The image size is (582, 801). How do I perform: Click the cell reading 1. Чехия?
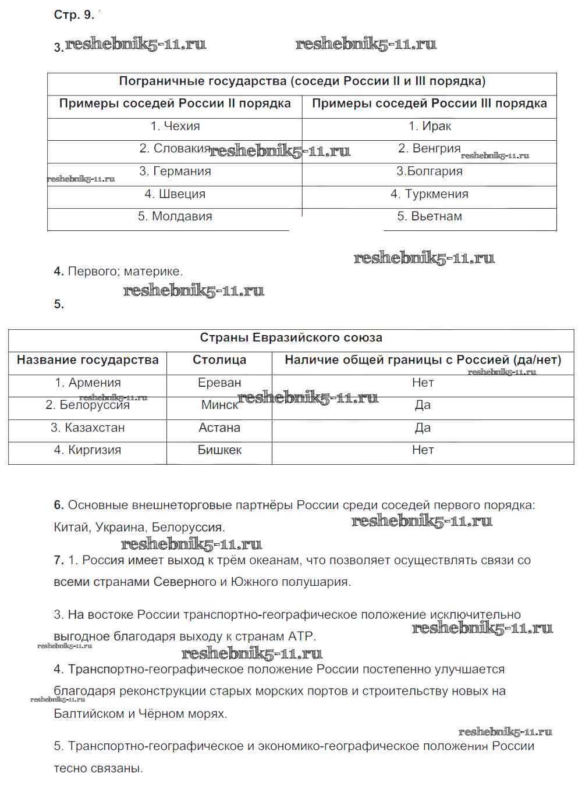175,126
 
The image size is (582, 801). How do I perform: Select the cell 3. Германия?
175,172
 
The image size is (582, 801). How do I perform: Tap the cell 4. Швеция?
175,194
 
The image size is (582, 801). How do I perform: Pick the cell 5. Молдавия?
175,216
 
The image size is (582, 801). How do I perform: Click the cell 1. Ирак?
430,126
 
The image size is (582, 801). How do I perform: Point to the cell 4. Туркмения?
430,194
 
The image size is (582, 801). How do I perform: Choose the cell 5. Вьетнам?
430,216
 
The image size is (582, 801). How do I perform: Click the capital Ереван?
219,383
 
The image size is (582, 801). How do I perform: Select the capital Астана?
219,428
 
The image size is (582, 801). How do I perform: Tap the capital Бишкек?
219,450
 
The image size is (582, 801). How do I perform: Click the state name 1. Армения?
88,383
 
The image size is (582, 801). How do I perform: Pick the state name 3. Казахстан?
88,428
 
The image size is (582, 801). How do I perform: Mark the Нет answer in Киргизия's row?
423,450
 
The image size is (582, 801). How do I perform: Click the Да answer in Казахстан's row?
423,428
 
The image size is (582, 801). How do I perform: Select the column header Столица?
219,360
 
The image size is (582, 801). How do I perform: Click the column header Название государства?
88,360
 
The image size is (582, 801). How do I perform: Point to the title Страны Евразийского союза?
291,338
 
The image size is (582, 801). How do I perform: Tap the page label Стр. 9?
74,15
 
